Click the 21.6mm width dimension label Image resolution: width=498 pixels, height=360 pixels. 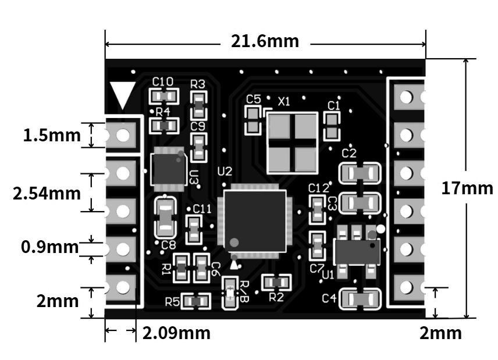[265, 42]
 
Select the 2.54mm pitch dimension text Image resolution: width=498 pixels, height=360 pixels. [47, 193]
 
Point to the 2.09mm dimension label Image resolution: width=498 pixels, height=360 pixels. [176, 333]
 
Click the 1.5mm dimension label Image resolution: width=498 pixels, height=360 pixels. [52, 136]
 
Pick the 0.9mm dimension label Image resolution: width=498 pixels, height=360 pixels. [49, 247]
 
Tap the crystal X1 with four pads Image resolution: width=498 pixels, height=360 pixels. [291, 142]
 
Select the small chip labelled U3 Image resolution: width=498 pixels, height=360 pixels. [168, 169]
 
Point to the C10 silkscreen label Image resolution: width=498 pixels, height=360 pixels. [162, 81]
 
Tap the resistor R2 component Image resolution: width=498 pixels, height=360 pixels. [276, 283]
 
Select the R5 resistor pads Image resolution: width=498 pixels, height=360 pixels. [195, 301]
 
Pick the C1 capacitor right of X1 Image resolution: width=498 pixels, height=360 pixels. [332, 126]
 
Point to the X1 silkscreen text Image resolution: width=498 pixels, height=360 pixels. [284, 102]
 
